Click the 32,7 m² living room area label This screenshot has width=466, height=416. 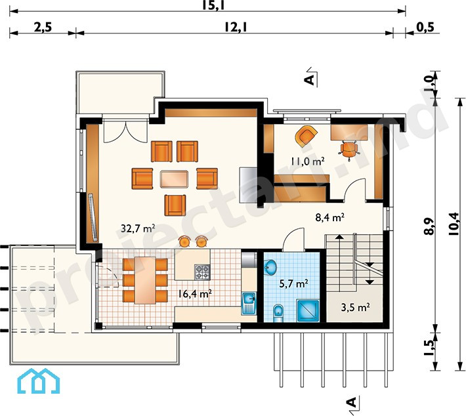(x=138, y=228)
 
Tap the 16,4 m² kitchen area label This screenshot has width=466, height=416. (x=195, y=294)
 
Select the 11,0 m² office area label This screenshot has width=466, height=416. (x=307, y=161)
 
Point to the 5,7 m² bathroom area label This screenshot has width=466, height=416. (x=293, y=283)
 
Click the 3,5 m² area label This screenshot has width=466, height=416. (x=355, y=307)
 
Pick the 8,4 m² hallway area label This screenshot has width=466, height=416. (x=329, y=218)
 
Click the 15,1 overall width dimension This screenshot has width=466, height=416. (x=213, y=5)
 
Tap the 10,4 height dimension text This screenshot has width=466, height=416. (x=454, y=224)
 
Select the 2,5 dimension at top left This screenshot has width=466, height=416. (x=43, y=28)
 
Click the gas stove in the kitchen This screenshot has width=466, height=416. (x=202, y=272)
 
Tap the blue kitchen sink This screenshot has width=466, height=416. (x=249, y=303)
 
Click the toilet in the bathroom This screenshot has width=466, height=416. (x=278, y=313)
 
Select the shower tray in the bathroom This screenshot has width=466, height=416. (x=308, y=311)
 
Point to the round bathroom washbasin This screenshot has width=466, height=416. (x=270, y=267)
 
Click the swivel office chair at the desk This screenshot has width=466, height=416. (x=349, y=150)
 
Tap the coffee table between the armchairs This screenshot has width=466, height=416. (x=174, y=179)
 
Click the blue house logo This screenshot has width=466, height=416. (x=39, y=381)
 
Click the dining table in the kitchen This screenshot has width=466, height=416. (x=145, y=280)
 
